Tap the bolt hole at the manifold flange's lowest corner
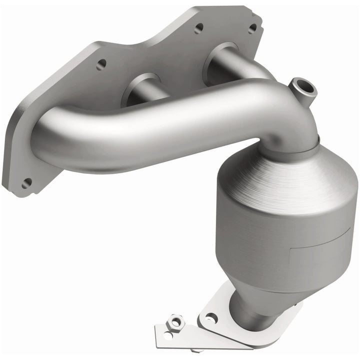point(26,183)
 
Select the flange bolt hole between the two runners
point(198,28)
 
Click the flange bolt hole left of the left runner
point(102,64)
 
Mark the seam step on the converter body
point(300,242)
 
